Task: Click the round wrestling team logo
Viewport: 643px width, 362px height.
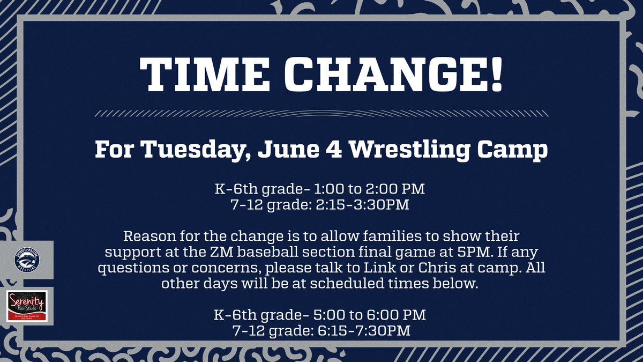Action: (27, 260)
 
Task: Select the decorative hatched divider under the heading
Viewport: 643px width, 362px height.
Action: (322, 113)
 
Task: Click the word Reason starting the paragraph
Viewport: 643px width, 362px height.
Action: (146, 236)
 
